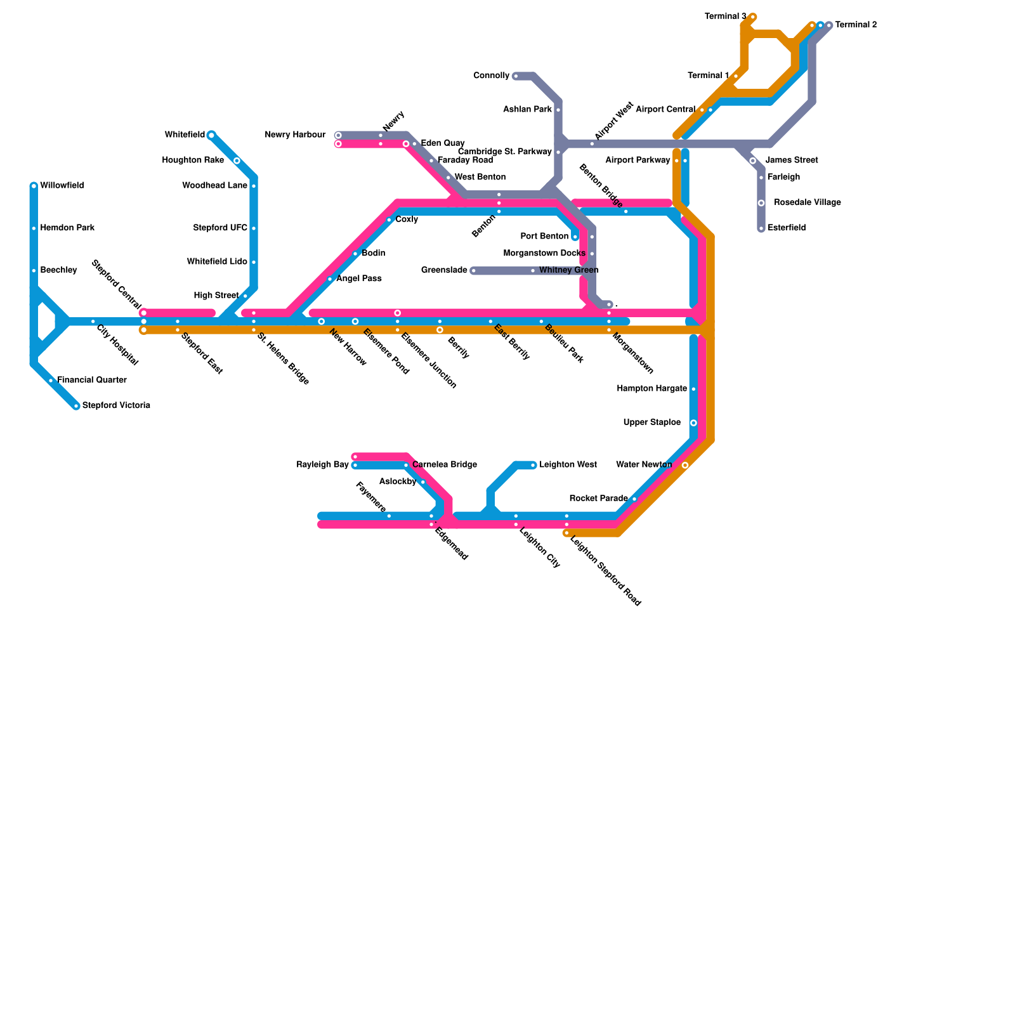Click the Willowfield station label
62,186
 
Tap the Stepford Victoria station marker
76,406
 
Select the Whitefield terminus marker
211,135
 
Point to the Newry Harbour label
295,135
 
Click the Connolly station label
492,76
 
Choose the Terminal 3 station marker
753,16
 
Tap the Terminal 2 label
856,25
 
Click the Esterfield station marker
761,228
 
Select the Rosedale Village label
808,203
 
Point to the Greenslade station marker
473,271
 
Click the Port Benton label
544,237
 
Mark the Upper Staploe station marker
693,423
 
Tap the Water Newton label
644,465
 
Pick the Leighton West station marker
534,466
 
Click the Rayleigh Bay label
323,465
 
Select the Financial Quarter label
92,381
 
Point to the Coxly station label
407,219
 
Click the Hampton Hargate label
652,389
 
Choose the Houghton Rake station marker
237,161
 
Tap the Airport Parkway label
638,160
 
